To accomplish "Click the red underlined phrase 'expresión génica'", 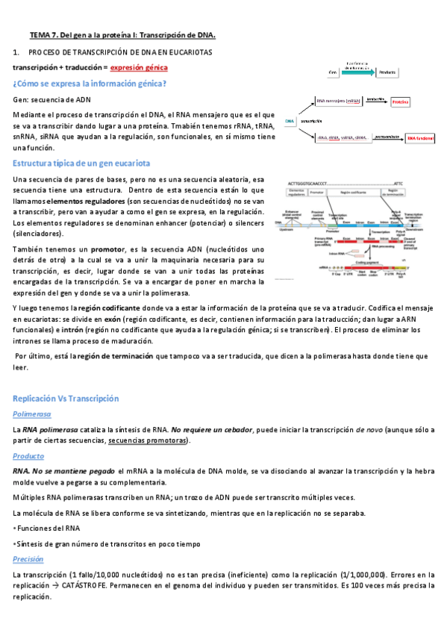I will click(140, 67).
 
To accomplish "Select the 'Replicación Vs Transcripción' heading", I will click(66, 399).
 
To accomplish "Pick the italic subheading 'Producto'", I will click(29, 455).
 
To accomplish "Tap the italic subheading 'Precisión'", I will click(30, 558).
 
